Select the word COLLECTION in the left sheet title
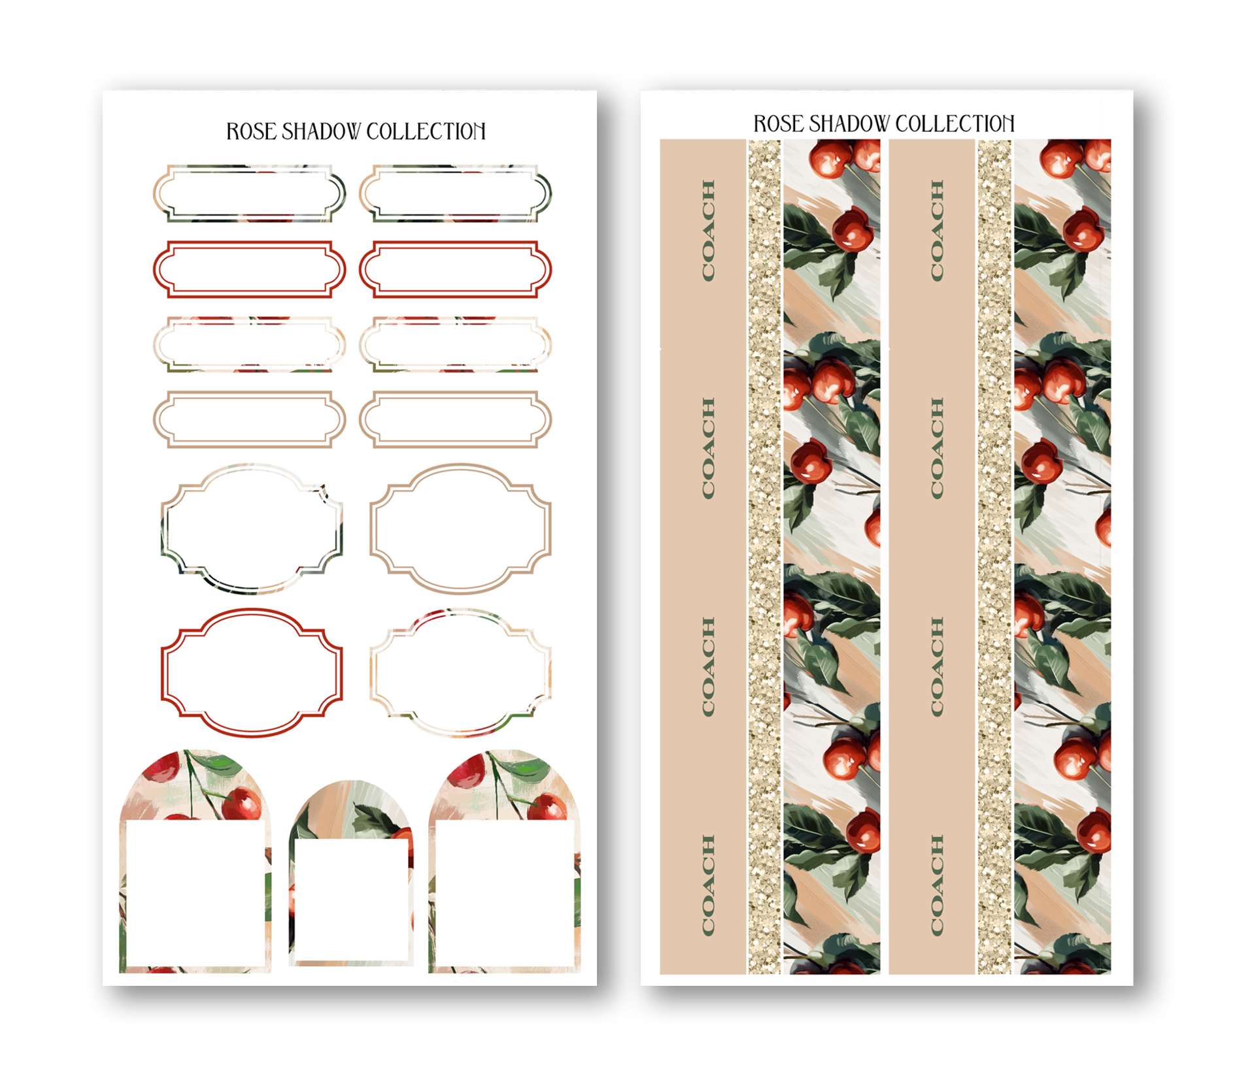(426, 131)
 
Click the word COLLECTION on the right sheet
(955, 123)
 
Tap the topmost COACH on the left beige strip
(708, 231)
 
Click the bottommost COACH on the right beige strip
(937, 885)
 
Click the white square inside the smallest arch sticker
(352, 900)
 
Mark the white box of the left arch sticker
(195, 893)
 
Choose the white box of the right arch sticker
(505, 893)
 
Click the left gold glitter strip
(764, 557)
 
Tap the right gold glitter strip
(994, 557)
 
